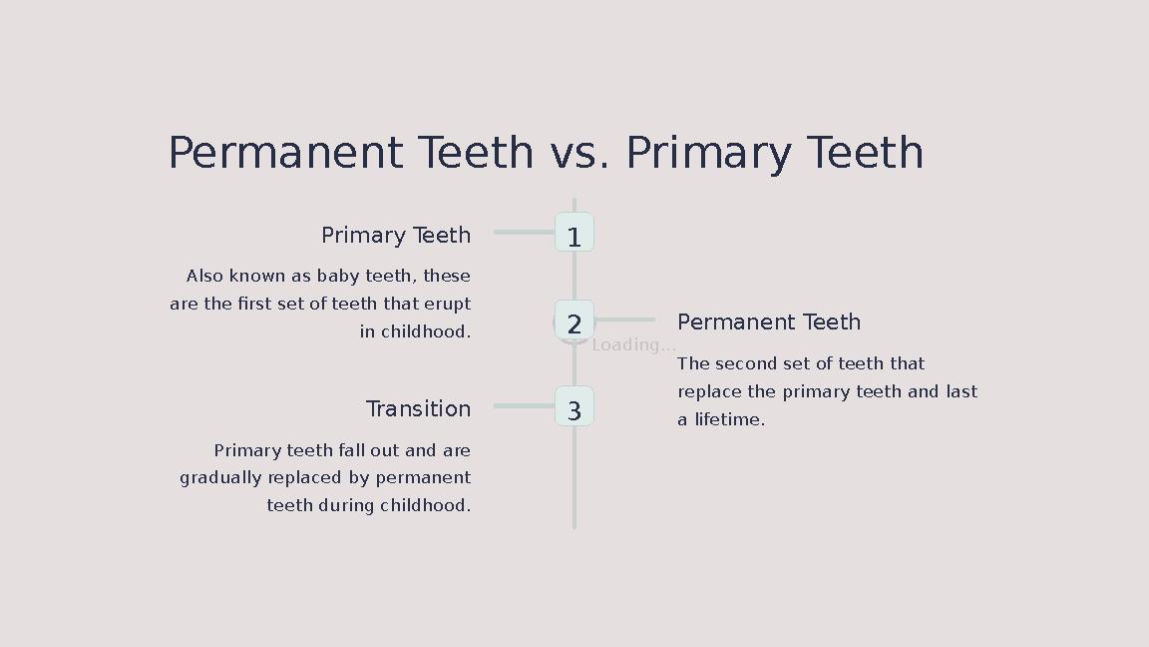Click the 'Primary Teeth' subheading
395,236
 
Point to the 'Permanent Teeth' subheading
768,323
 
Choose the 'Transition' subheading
418,409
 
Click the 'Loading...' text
633,345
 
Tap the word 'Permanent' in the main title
285,154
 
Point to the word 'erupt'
447,304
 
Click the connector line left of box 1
524,233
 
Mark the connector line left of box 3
524,406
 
